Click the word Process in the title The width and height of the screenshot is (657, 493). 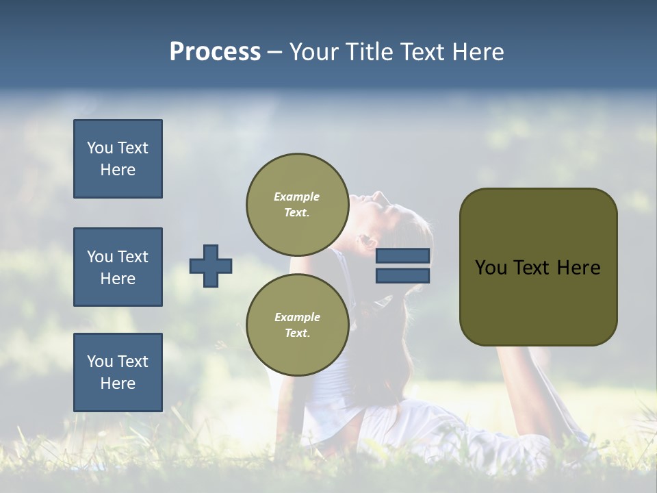pyautogui.click(x=215, y=52)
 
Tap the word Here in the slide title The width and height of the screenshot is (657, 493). pyautogui.click(x=476, y=52)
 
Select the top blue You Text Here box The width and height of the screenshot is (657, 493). pyautogui.click(x=118, y=159)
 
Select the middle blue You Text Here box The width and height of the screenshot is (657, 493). pyautogui.click(x=118, y=267)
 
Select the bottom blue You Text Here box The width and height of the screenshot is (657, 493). pyautogui.click(x=118, y=372)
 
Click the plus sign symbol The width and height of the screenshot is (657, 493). pyautogui.click(x=211, y=266)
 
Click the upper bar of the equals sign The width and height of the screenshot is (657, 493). pyautogui.click(x=402, y=255)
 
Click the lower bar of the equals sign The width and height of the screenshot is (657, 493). pyautogui.click(x=402, y=275)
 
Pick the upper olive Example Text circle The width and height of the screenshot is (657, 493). pyautogui.click(x=297, y=205)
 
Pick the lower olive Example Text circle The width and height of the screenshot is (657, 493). pyautogui.click(x=297, y=325)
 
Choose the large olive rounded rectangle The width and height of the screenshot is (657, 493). pyautogui.click(x=538, y=301)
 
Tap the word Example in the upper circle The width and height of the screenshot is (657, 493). pyautogui.click(x=297, y=197)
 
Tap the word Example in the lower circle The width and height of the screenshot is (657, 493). pyautogui.click(x=297, y=317)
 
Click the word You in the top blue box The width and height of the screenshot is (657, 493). pyautogui.click(x=100, y=148)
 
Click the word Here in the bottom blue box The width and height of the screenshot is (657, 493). pyautogui.click(x=118, y=383)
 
